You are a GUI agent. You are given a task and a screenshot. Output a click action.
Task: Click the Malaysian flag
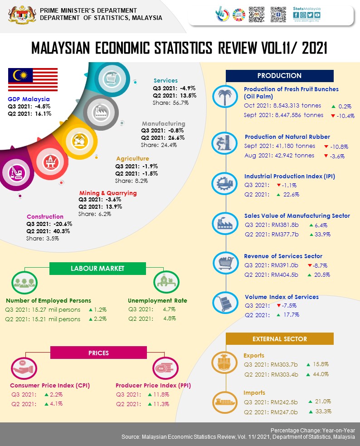(33, 79)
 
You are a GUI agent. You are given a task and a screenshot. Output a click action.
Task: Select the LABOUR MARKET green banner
(97, 268)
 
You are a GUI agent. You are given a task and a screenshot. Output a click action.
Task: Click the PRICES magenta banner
(97, 353)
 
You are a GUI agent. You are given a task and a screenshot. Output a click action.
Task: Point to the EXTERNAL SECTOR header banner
(279, 339)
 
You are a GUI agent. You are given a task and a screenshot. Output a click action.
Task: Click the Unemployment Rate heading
(157, 300)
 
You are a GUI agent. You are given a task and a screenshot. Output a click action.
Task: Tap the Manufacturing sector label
(163, 123)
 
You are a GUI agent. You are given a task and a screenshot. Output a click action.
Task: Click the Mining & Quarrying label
(107, 193)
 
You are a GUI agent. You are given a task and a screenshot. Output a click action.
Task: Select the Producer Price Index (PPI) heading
(153, 386)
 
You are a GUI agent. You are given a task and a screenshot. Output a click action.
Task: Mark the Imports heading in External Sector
(254, 392)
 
